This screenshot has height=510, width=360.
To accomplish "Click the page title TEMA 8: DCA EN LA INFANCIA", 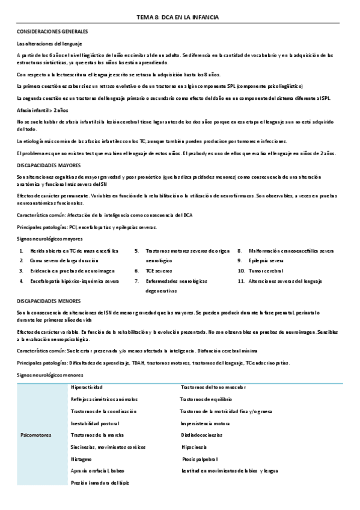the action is pyautogui.click(x=180, y=19).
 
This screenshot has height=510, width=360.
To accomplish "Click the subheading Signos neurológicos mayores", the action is pyautogui.click(x=49, y=238).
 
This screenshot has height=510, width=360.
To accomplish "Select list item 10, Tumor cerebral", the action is pyautogui.click(x=268, y=271).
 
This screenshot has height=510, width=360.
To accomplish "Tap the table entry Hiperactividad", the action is pyautogui.click(x=87, y=387).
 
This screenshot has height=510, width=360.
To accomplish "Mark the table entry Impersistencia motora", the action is pyautogui.click(x=205, y=423).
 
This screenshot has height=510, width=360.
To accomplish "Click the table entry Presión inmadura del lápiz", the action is pyautogui.click(x=100, y=482).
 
